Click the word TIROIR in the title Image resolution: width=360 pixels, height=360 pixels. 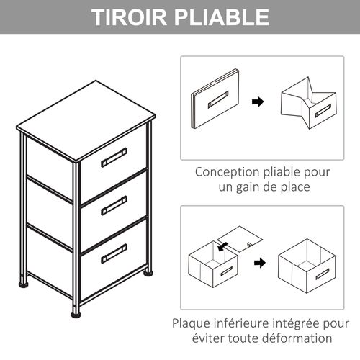pyautogui.click(x=131, y=17)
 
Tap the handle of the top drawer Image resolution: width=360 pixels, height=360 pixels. pyautogui.click(x=114, y=157)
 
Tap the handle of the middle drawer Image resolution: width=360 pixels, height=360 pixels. pyautogui.click(x=114, y=205)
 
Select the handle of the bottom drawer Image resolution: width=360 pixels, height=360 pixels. pyautogui.click(x=114, y=253)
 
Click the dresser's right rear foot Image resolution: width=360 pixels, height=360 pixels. pyautogui.click(x=148, y=272)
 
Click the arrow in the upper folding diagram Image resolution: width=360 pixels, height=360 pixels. pyautogui.click(x=257, y=102)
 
